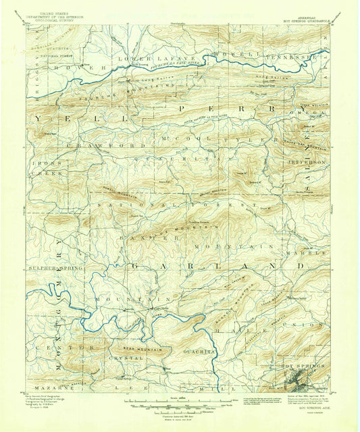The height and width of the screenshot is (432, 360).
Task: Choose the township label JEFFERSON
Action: click(x=310, y=163)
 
